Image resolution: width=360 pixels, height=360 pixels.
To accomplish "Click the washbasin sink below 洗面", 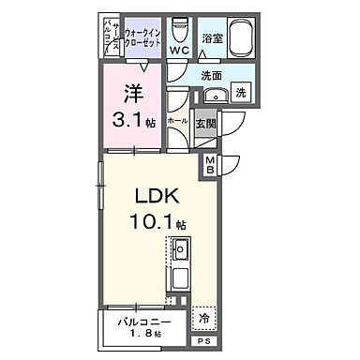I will point(215,93).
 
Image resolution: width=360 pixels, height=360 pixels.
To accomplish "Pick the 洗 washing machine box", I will point(241,94).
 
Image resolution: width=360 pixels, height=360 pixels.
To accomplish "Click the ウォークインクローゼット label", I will point(142,37).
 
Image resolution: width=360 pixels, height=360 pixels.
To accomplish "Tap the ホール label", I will point(175,121).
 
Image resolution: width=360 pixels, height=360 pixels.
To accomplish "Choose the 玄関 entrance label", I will point(205,121).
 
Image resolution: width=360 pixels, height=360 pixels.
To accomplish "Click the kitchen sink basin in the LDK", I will point(182,250).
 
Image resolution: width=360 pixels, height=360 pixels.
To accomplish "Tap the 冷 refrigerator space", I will point(205,318).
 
